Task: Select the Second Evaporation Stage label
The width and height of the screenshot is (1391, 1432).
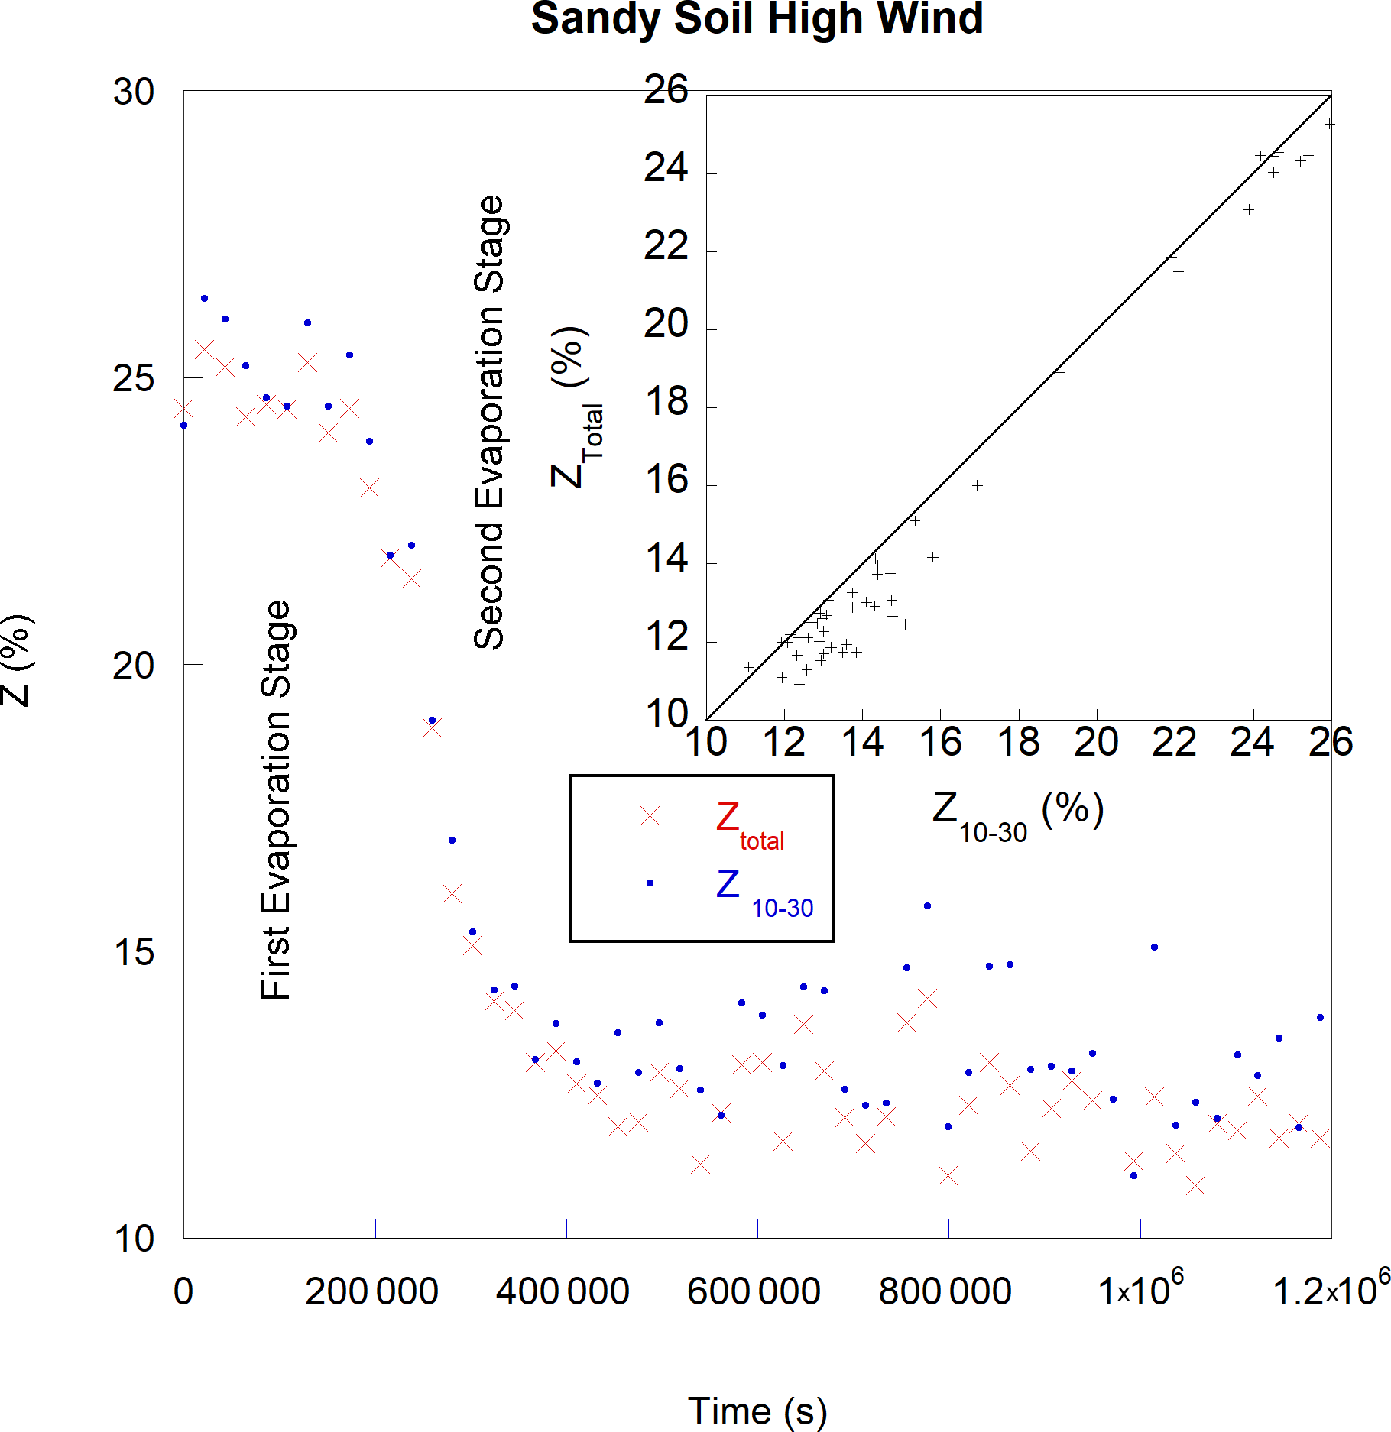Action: [x=489, y=423]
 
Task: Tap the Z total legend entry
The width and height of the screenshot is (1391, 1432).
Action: [x=750, y=825]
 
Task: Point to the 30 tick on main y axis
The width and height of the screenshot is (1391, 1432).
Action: [x=134, y=92]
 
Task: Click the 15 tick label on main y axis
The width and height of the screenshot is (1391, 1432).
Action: [x=134, y=951]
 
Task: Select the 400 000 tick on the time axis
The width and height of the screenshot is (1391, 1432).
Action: [x=563, y=1292]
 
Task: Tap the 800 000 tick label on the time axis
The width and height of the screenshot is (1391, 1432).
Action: [x=945, y=1292]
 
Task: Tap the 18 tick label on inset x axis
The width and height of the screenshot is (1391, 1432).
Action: [x=1018, y=742]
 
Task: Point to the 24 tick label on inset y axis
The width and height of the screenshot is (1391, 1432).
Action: [x=666, y=168]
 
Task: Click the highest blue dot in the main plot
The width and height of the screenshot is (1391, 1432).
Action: [x=204, y=298]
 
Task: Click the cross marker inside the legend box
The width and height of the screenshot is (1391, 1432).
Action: [x=650, y=816]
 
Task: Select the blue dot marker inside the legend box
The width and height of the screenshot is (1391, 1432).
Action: [x=650, y=883]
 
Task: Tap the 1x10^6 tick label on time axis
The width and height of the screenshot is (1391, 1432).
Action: [x=1139, y=1290]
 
